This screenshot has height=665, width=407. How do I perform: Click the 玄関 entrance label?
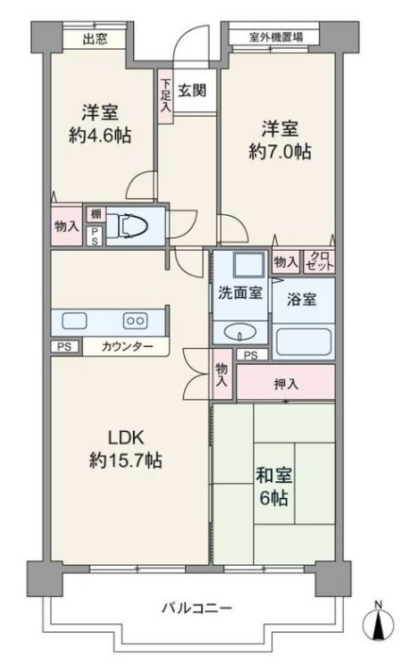pyautogui.click(x=192, y=90)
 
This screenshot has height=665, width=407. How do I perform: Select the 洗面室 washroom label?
pyautogui.click(x=240, y=292)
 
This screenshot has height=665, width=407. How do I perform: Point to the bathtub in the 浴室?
pyautogui.click(x=303, y=341)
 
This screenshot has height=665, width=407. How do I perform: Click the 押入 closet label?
pyautogui.click(x=286, y=384)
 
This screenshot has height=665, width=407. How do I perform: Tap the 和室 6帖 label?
pyautogui.click(x=274, y=487)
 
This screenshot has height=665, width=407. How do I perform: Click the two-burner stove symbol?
pyautogui.click(x=135, y=321)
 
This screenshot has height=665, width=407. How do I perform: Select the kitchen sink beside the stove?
pyautogui.click(x=75, y=321)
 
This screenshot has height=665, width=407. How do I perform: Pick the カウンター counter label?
pyautogui.click(x=127, y=347)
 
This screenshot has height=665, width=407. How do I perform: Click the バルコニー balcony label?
pyautogui.click(x=197, y=608)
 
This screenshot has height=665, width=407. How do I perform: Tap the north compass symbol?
pyautogui.click(x=378, y=621)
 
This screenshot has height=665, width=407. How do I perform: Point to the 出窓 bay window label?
pyautogui.click(x=94, y=40)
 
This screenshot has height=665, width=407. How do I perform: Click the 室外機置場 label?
pyautogui.click(x=276, y=37)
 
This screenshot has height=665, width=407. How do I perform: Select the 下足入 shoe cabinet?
pyautogui.click(x=165, y=97)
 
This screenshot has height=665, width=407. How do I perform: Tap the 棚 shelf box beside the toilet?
pyautogui.click(x=96, y=214)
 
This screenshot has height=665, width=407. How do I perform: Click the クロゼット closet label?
pyautogui.click(x=319, y=261)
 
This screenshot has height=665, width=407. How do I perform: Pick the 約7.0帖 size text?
pyautogui.click(x=280, y=152)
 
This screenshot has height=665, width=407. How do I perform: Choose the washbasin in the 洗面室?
pyautogui.click(x=240, y=333)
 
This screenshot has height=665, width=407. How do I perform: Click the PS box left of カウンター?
pyautogui.click(x=64, y=346)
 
